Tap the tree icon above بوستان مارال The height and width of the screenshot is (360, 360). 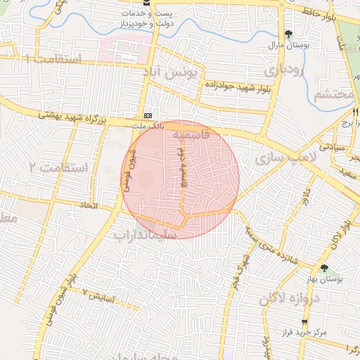(288, 34)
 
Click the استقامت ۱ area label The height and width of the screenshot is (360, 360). (53, 59)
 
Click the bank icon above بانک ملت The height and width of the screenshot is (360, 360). (148, 115)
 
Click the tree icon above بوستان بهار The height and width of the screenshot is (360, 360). (324, 268)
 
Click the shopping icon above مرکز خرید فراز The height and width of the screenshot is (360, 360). (285, 321)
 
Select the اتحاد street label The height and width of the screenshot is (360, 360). (109, 205)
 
